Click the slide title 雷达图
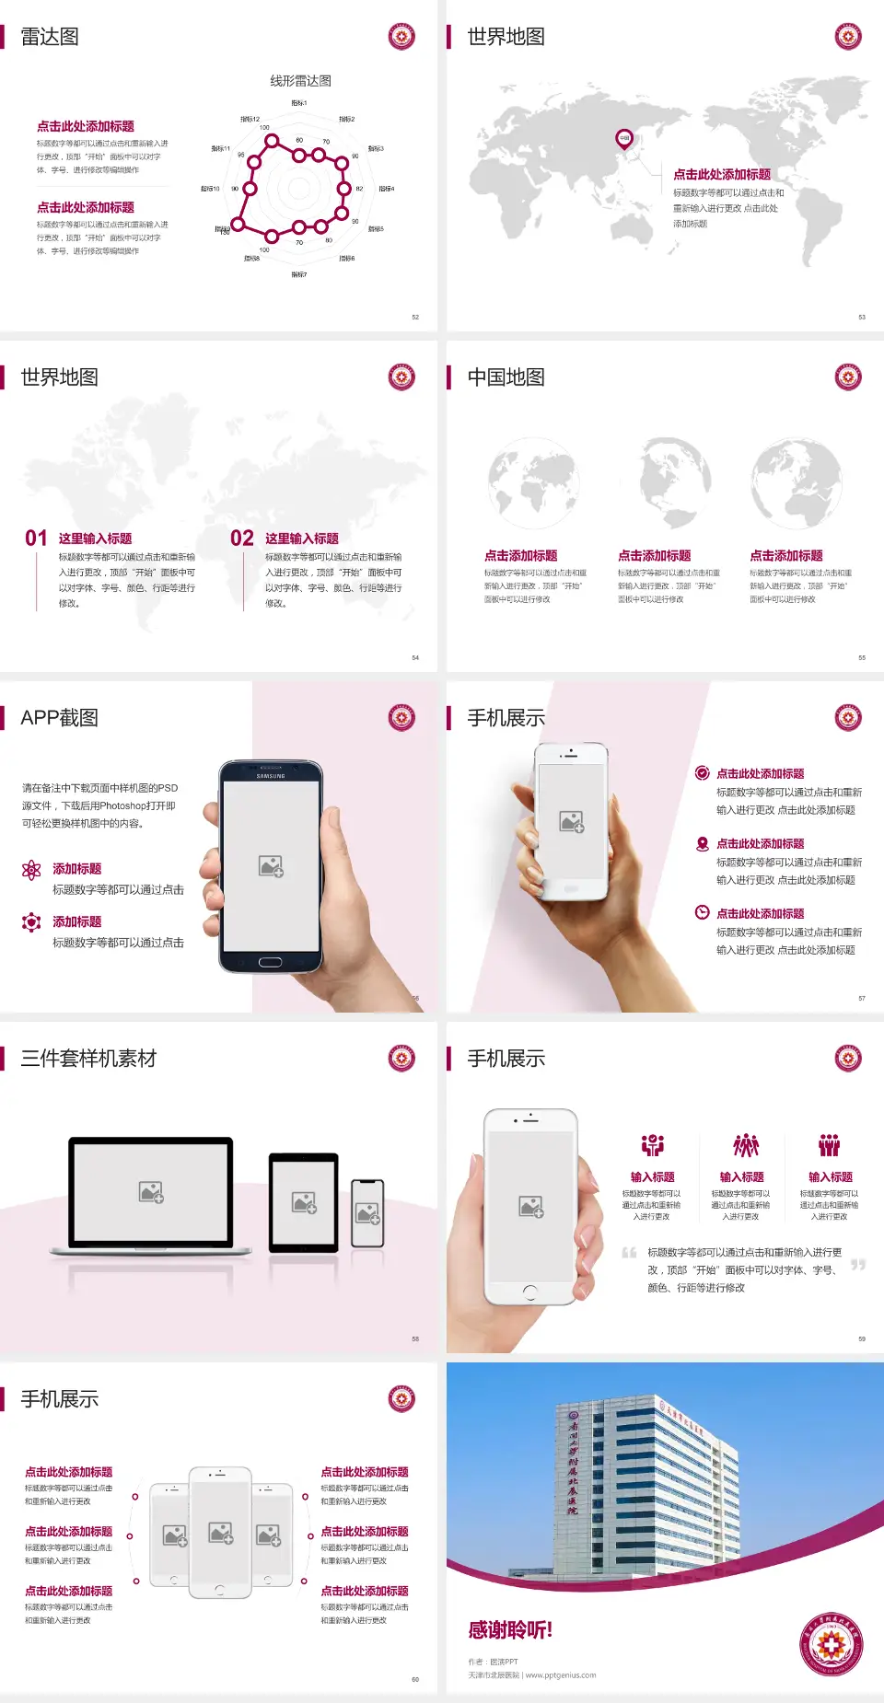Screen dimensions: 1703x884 click(x=50, y=37)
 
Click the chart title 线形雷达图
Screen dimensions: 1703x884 click(x=300, y=81)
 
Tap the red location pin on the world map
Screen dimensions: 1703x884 click(x=624, y=139)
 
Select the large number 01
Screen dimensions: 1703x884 click(x=36, y=539)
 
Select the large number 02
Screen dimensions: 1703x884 click(x=242, y=539)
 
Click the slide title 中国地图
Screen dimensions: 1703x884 click(x=506, y=377)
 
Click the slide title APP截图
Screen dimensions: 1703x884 click(x=59, y=718)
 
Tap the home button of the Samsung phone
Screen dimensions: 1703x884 click(x=270, y=963)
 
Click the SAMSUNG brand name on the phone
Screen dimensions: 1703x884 click(x=271, y=776)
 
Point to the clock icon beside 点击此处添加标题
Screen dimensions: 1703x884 click(x=702, y=912)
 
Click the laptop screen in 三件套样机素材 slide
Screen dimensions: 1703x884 click(x=151, y=1191)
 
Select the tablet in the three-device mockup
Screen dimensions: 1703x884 click(x=304, y=1201)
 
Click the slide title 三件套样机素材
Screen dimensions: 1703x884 click(x=88, y=1059)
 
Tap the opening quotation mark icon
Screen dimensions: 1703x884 click(x=629, y=1253)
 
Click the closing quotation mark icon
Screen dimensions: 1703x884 click(x=858, y=1265)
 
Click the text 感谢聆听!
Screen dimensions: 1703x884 click(x=510, y=1630)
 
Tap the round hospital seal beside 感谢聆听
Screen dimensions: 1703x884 click(x=832, y=1644)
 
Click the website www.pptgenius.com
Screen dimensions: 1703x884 click(x=561, y=1675)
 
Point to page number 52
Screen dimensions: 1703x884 click(x=415, y=318)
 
